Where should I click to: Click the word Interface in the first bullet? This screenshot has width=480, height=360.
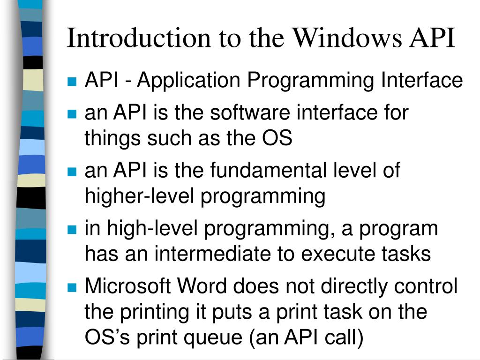pos(421,81)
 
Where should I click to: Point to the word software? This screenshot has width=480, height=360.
pos(249,113)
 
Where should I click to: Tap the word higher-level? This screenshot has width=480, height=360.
pos(139,196)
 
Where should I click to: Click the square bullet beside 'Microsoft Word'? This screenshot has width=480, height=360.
pos(72,287)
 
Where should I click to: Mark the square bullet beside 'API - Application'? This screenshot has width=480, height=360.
pos(72,82)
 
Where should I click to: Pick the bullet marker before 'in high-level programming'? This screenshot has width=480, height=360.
pos(72,230)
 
